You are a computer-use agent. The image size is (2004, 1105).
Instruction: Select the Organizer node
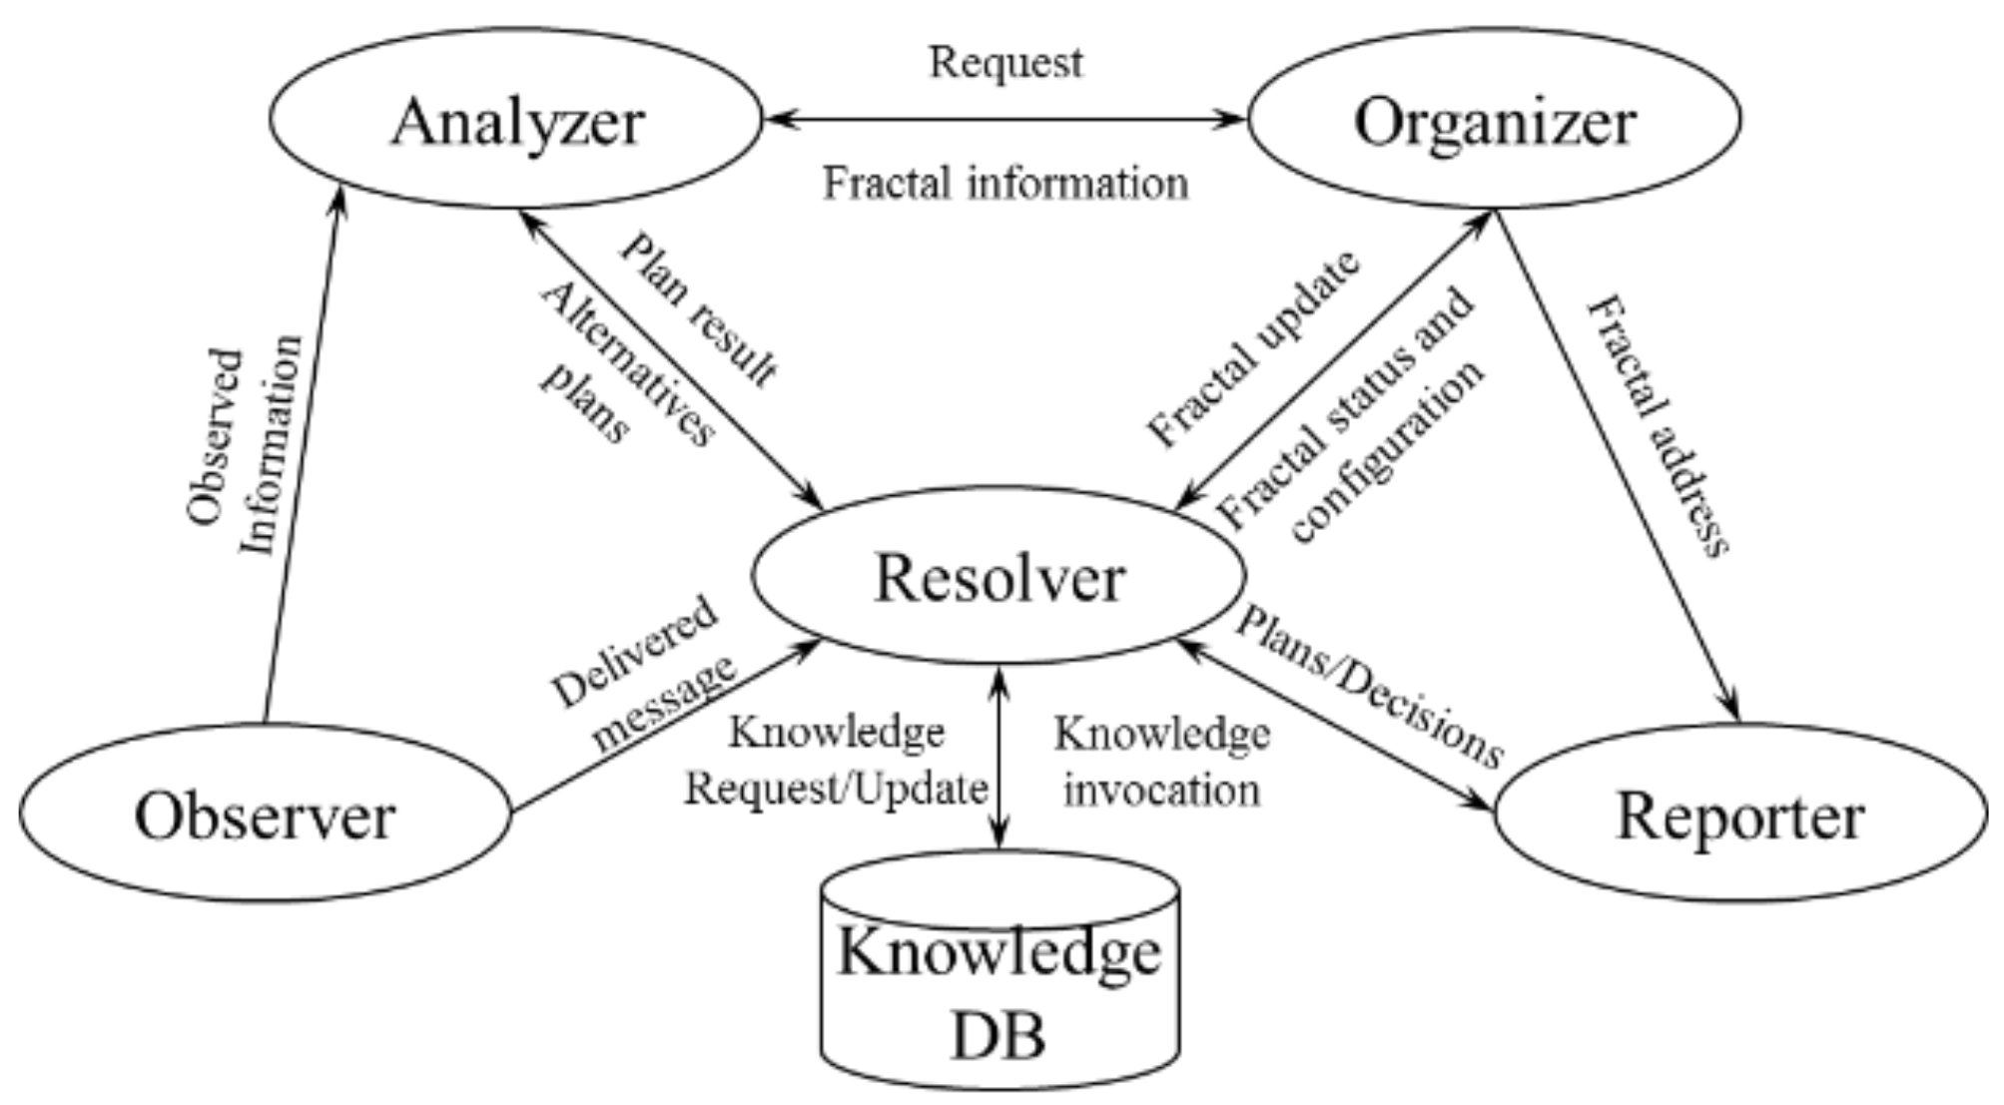(x=1494, y=120)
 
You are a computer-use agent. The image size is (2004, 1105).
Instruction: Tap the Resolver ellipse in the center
(x=999, y=576)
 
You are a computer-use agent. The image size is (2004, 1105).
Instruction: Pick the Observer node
(x=265, y=814)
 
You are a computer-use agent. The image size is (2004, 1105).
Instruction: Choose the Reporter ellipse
(x=1739, y=814)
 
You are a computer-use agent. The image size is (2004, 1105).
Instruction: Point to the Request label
(x=1005, y=62)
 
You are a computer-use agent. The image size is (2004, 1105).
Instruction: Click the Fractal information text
(x=1005, y=183)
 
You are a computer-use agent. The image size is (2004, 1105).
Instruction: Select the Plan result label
(x=699, y=309)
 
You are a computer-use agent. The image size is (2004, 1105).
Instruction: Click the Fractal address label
(x=1658, y=424)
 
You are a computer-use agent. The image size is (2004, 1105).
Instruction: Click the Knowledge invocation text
(x=1161, y=761)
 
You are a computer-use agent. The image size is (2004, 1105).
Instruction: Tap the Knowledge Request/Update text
(x=836, y=761)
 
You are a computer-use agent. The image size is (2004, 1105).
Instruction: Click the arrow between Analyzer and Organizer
(x=1003, y=120)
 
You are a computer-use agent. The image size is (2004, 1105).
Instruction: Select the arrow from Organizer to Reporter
(x=1618, y=464)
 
